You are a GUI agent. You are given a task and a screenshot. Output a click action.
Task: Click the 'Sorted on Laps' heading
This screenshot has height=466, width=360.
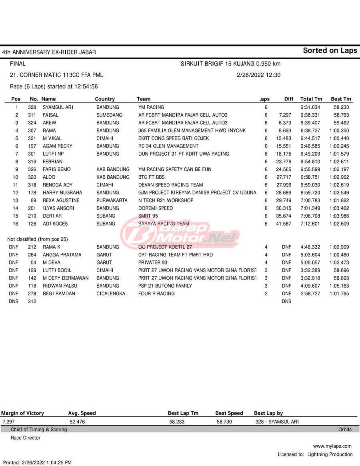coord(330,50)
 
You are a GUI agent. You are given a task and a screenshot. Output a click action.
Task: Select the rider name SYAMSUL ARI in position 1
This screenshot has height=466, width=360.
coord(58,107)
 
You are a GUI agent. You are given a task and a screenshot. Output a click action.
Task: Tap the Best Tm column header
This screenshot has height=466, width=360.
coord(341,99)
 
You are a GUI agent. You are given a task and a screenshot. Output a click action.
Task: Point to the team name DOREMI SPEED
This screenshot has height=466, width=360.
coord(156,208)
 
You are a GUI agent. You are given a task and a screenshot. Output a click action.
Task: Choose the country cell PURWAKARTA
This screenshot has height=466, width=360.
coord(112,200)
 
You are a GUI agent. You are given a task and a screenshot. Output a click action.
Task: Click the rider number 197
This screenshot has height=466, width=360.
coord(32,146)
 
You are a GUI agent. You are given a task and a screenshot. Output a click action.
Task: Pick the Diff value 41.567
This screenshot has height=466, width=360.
coord(284,224)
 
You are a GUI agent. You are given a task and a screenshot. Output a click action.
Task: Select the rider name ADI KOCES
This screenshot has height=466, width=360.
coord(55,224)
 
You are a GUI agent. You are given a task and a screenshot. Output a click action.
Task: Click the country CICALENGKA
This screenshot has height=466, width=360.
coord(111,294)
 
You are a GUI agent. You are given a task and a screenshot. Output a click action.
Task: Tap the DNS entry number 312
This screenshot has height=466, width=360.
coord(32,302)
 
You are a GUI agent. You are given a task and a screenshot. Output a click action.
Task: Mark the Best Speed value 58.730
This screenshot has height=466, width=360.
coord(224,422)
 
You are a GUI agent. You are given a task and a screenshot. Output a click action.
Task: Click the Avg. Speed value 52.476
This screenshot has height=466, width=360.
coord(77,422)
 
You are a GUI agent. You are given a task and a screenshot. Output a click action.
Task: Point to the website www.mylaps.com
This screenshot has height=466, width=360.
coord(332,446)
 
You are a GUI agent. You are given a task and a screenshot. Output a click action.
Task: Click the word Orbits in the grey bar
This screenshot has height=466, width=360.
coord(345,430)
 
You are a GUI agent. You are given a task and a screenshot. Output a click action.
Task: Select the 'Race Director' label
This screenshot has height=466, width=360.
coord(26,438)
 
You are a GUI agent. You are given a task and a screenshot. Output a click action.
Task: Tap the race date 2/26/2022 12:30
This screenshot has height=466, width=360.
coord(258,75)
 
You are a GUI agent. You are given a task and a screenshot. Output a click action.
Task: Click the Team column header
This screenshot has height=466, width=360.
coord(144,99)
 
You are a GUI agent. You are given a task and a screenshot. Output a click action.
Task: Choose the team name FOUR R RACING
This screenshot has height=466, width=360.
coord(156,294)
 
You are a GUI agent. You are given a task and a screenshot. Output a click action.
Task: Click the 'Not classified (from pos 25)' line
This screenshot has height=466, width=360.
coord(38,239)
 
